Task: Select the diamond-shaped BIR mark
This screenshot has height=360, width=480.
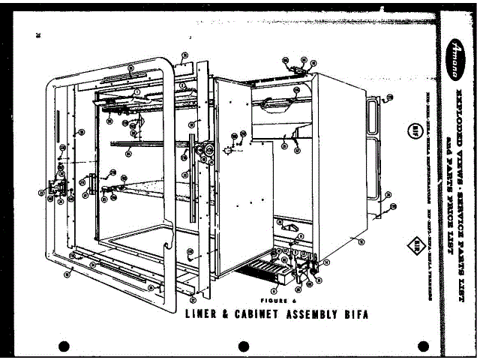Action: coord(413,245)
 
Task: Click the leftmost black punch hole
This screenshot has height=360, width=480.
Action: coord(64,346)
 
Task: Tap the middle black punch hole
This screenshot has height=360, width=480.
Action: coord(243,346)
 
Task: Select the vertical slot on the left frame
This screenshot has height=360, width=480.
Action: coord(56,123)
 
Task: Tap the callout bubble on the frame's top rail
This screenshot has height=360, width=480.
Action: coord(130,67)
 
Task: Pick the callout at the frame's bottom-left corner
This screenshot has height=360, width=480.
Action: coord(68,274)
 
